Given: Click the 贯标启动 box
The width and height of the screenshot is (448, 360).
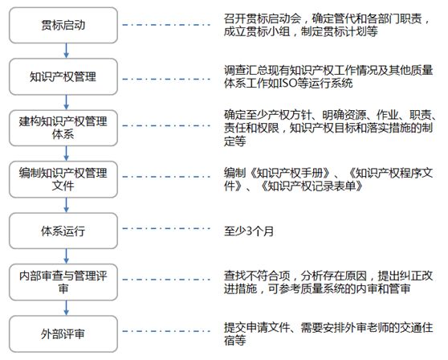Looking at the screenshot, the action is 63,25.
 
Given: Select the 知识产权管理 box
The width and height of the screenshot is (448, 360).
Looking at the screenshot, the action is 63,76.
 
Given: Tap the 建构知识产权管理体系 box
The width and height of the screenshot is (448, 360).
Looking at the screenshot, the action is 63,128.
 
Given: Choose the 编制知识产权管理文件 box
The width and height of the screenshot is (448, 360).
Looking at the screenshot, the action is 63,179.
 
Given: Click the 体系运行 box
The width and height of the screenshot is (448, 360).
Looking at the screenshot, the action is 63,231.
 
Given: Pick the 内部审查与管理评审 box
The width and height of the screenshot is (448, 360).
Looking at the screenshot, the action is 63,282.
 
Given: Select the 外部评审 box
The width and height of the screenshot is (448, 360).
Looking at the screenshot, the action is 63,333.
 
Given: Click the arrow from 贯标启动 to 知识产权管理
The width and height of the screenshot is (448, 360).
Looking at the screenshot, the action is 67,51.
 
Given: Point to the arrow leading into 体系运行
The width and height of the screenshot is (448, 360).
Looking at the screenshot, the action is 67,205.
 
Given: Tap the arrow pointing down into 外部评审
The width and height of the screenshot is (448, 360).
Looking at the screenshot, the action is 67,308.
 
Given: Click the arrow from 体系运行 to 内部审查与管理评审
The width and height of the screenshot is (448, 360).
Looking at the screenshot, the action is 67,256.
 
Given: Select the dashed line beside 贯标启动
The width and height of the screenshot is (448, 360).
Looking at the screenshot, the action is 166,25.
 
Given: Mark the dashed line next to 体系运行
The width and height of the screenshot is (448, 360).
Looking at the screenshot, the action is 166,228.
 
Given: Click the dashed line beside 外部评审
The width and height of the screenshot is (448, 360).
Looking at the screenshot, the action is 166,331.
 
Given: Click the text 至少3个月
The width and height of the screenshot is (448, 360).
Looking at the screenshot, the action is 249,231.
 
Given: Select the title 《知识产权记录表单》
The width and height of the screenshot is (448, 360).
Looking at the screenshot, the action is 312,186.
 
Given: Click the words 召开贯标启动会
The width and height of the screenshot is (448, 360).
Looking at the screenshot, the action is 263,18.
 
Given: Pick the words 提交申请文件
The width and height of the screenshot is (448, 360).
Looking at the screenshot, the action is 257,327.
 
